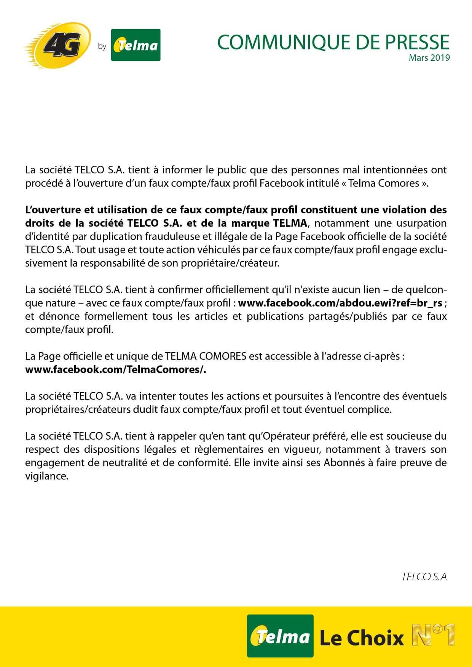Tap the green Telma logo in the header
[136, 45]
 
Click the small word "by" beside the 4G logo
[102, 46]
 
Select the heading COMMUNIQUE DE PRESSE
[333, 42]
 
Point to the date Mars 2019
[429, 58]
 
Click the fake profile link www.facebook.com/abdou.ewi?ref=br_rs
[340, 303]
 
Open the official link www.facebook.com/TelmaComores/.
[115, 370]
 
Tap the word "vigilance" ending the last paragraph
[46, 476]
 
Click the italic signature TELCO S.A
[424, 577]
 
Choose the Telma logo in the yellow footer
[280, 636]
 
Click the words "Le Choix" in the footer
[361, 638]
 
